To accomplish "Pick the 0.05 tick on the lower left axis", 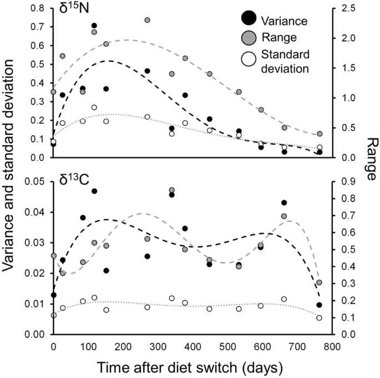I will click(x=34, y=181).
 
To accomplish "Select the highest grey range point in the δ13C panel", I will click(x=172, y=190).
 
